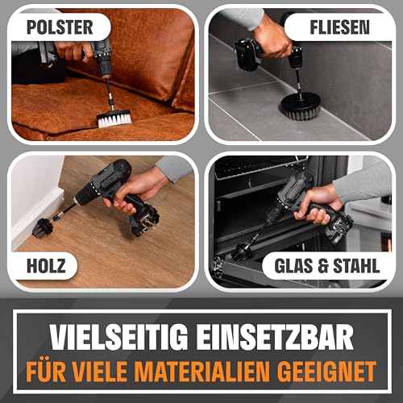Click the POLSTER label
coord(59,27)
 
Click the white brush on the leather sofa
coord(114,118)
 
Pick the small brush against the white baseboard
coord(42,229)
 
